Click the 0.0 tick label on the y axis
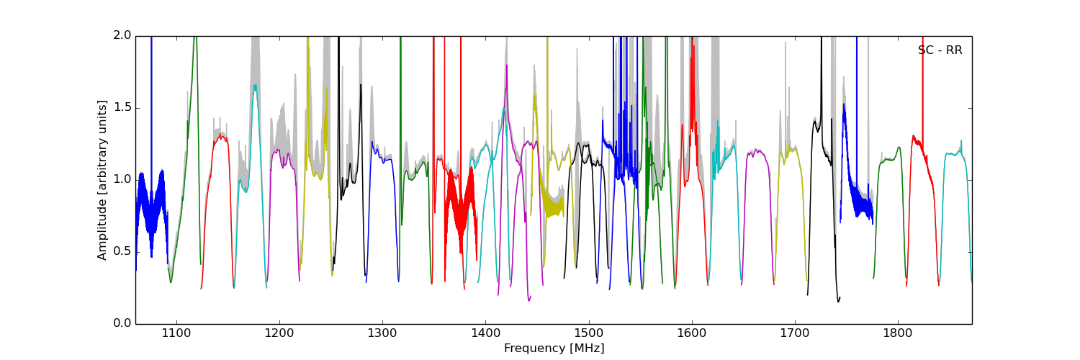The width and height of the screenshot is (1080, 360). point(123,323)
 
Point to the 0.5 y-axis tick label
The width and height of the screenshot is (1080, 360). point(123,251)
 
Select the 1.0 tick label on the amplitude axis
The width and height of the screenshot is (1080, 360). point(123,179)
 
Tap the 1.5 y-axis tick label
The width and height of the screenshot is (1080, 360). point(123,107)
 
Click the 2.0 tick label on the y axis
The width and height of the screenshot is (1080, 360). point(123,35)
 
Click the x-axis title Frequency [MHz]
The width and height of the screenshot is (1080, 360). point(554,348)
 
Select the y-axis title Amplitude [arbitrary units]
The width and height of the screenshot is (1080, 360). point(102,180)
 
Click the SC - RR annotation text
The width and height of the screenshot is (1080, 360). point(940,50)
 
